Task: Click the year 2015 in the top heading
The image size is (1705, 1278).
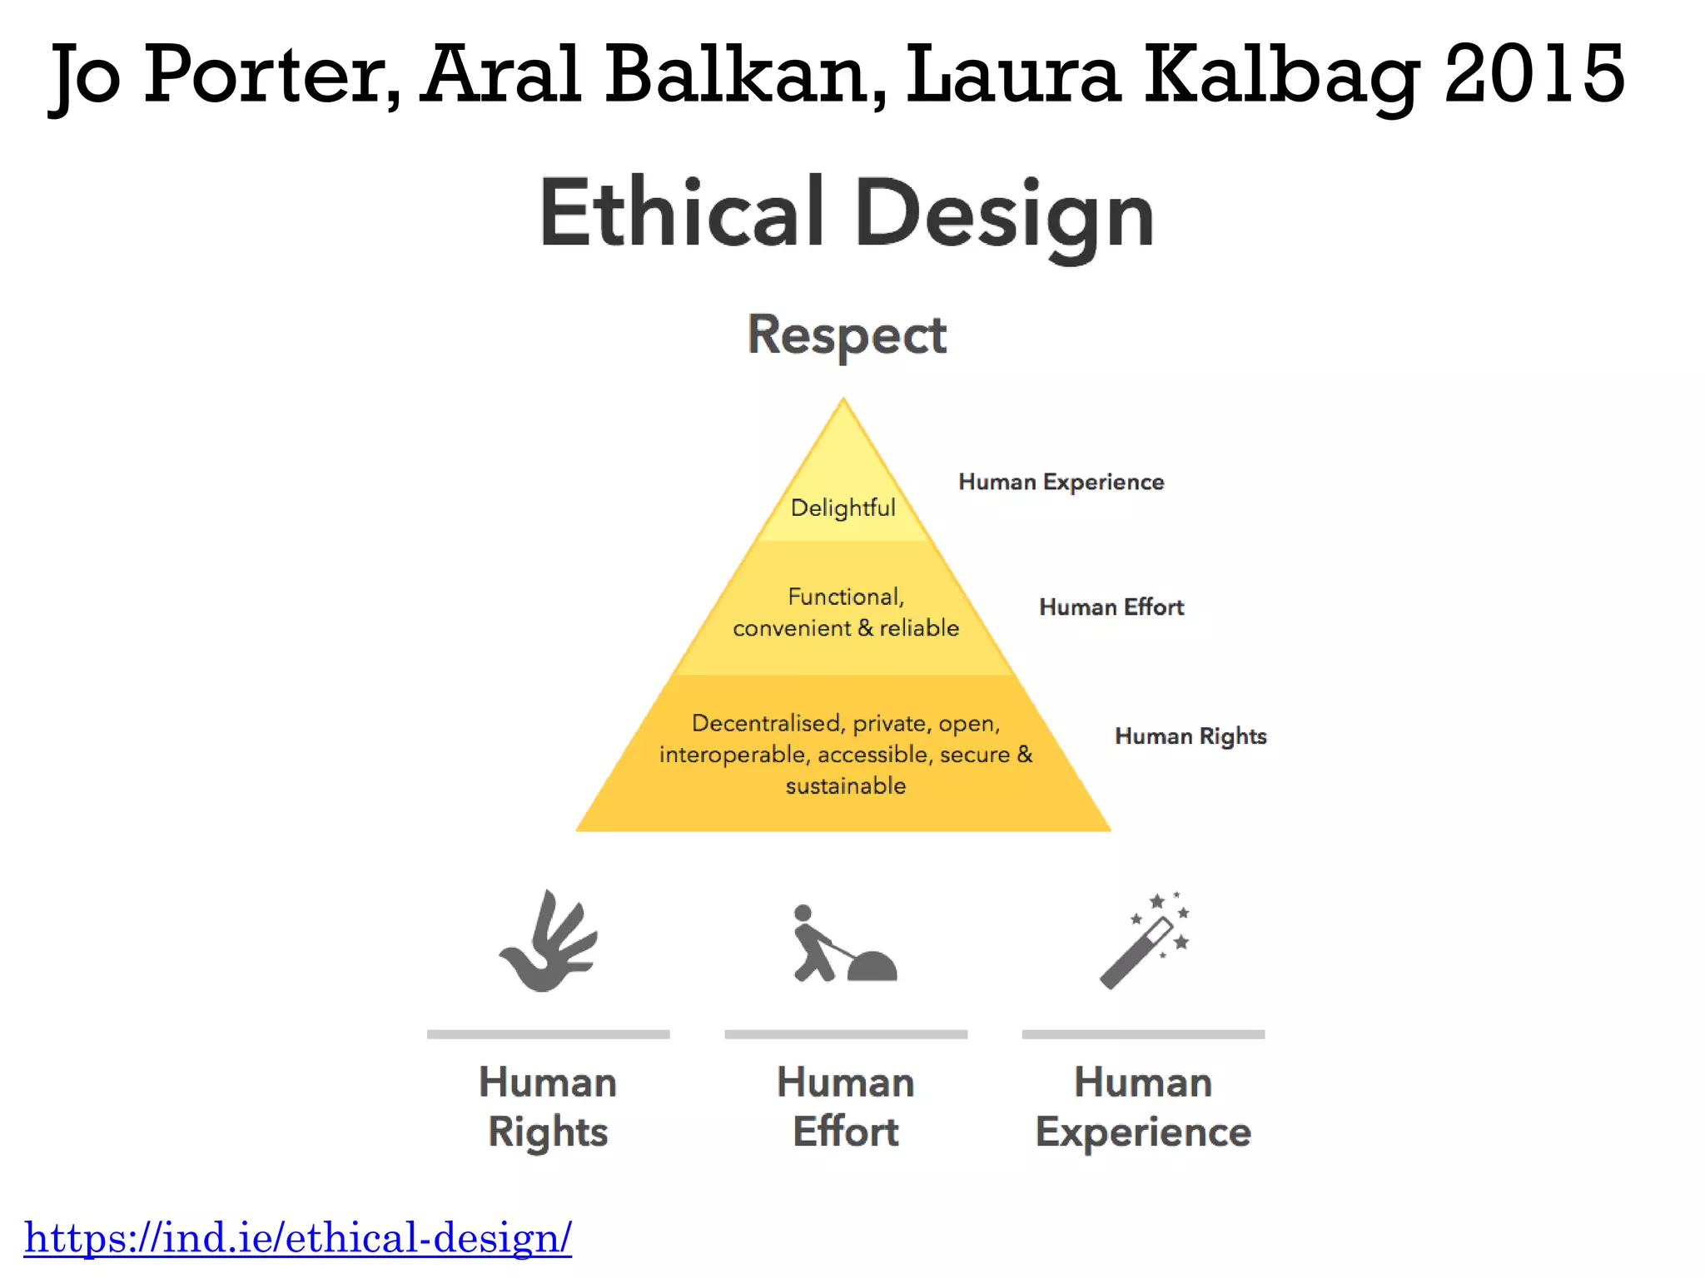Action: pyautogui.click(x=1534, y=75)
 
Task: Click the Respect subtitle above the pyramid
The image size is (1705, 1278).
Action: pyautogui.click(x=847, y=335)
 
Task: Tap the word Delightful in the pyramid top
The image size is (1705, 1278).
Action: pyautogui.click(x=843, y=508)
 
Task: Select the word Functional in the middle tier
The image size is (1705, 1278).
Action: pyautogui.click(x=845, y=597)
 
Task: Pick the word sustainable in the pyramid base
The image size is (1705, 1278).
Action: pyautogui.click(x=845, y=785)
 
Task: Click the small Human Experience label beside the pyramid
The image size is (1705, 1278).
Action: pyautogui.click(x=1061, y=482)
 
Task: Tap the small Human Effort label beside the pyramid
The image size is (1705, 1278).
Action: pyautogui.click(x=1111, y=607)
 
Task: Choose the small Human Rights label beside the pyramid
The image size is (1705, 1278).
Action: pyautogui.click(x=1191, y=736)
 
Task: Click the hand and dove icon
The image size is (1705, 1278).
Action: pyautogui.click(x=549, y=942)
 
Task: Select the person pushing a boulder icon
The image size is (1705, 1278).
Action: pyautogui.click(x=843, y=944)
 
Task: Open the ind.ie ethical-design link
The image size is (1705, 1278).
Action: pyautogui.click(x=297, y=1237)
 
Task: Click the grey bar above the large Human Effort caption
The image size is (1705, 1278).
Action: pyautogui.click(x=845, y=1034)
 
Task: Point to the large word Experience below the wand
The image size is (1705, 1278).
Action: pyautogui.click(x=1143, y=1132)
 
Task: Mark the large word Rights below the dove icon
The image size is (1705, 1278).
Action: pyautogui.click(x=548, y=1132)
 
